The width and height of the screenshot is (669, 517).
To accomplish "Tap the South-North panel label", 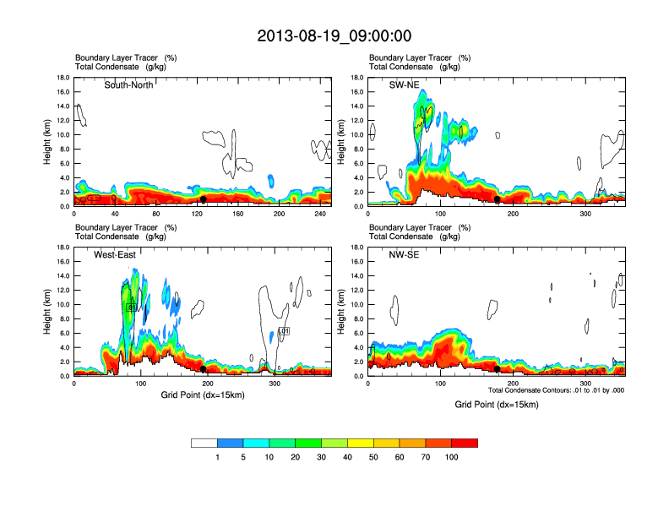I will [x=128, y=84].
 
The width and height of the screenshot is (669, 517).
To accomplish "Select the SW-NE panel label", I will [x=404, y=84].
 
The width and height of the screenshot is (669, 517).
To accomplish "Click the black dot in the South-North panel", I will [x=203, y=199].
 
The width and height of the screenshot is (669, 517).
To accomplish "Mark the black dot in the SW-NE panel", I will [x=497, y=200].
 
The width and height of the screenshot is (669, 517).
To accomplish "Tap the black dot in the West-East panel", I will [x=203, y=369].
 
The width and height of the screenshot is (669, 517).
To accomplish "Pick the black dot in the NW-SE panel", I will [x=497, y=369].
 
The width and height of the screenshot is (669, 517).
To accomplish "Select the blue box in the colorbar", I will [x=231, y=443].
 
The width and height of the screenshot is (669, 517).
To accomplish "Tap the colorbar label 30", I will [x=322, y=457].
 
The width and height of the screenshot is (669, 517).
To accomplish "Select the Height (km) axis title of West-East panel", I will [x=47, y=312].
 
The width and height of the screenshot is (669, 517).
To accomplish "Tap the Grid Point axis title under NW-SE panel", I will [x=497, y=405].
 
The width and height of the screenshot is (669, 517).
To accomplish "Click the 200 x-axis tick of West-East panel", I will [x=163, y=384].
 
